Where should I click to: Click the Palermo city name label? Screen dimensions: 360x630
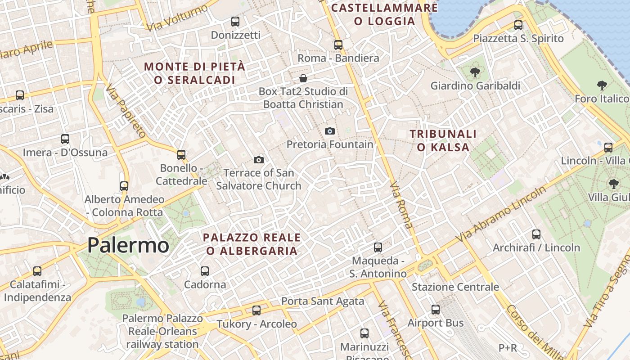[128, 245]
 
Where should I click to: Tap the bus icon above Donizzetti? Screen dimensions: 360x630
[235, 21]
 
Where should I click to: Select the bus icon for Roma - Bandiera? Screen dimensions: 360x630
[338, 45]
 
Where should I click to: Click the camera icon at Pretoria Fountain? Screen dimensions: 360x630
[330, 131]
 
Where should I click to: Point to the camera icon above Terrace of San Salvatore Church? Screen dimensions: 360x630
[258, 160]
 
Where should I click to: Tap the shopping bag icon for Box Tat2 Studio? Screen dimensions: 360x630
[304, 78]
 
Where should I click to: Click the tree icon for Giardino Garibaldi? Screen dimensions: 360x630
[475, 72]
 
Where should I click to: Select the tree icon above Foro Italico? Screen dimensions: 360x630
[602, 85]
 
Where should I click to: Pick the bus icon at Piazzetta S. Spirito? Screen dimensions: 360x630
[518, 25]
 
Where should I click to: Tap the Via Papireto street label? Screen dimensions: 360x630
[126, 111]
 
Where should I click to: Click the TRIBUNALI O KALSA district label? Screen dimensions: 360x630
[443, 140]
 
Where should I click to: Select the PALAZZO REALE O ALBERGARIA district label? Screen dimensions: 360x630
[252, 244]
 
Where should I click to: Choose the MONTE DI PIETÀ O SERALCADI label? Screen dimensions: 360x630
[194, 73]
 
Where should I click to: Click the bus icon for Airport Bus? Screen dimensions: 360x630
[436, 310]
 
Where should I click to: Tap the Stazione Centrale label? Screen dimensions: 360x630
[455, 287]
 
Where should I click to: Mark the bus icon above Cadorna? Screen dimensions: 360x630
[205, 271]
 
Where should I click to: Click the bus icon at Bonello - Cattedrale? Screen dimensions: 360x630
[181, 155]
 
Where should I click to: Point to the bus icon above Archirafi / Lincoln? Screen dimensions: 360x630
[536, 234]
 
